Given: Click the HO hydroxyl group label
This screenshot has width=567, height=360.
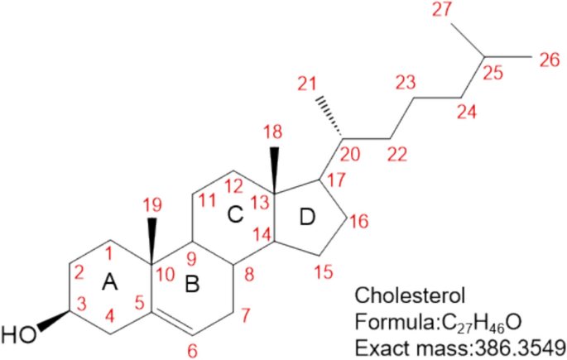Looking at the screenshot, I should tap(18, 335).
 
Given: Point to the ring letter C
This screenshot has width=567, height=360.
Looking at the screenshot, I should tap(235, 215).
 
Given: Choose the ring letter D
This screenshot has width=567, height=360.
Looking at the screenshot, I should tap(307, 217).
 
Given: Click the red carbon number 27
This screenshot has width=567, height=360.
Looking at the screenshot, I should tap(444, 10).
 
